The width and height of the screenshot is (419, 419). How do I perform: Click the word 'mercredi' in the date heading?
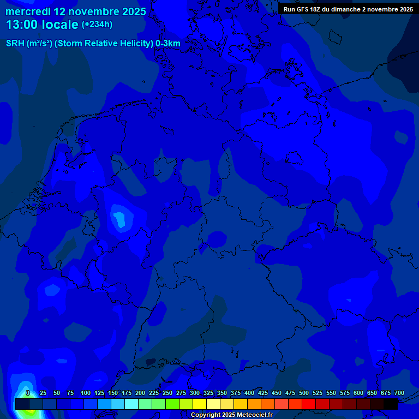tap(28, 11)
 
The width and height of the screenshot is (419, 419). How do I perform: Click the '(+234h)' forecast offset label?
tap(97, 25)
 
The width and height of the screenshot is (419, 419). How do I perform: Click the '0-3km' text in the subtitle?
tap(168, 44)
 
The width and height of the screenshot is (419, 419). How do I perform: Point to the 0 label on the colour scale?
tap(28, 393)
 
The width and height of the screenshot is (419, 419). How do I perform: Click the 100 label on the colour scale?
tap(86, 393)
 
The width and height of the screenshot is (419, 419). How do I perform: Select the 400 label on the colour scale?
tap(249, 393)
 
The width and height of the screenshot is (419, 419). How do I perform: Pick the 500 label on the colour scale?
tap(304, 393)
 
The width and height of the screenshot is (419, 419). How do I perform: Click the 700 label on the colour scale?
tap(399, 393)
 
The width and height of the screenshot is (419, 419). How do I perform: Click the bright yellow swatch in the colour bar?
tap(200, 404)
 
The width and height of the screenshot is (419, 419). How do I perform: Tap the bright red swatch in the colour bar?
tap(309, 404)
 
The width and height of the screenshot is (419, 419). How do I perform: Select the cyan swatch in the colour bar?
tap(131, 404)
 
